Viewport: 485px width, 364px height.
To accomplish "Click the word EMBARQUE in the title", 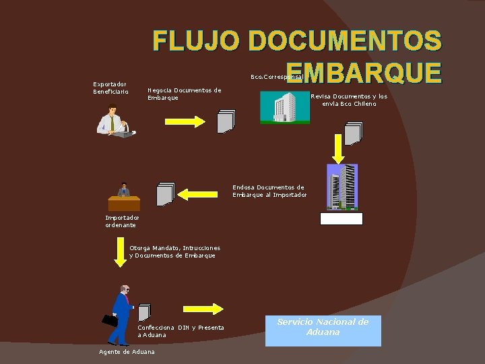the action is (364, 72).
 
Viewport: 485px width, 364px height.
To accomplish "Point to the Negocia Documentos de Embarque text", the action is (184, 94).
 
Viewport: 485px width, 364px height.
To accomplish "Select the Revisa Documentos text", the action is (349, 100).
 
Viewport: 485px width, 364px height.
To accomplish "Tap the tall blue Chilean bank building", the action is (342, 187).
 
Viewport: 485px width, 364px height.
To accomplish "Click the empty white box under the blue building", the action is (342, 218).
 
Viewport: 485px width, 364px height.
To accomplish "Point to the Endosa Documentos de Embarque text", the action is (269, 191).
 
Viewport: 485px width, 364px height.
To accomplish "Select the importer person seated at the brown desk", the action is (123, 197).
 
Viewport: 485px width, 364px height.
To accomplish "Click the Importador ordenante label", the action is (122, 221).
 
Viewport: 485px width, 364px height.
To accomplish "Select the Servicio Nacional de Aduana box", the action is (323, 330).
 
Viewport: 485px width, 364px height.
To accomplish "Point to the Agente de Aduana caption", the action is (127, 352).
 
